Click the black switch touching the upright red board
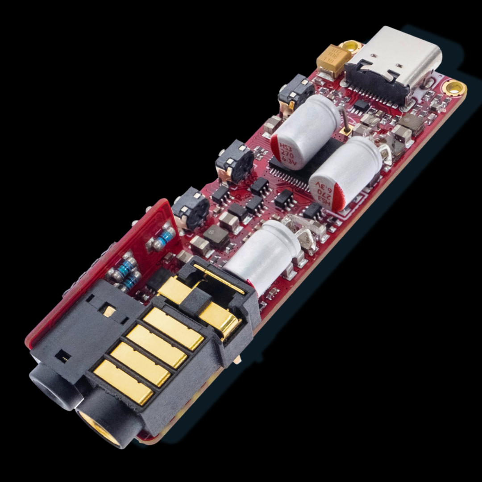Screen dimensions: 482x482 [191, 208]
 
